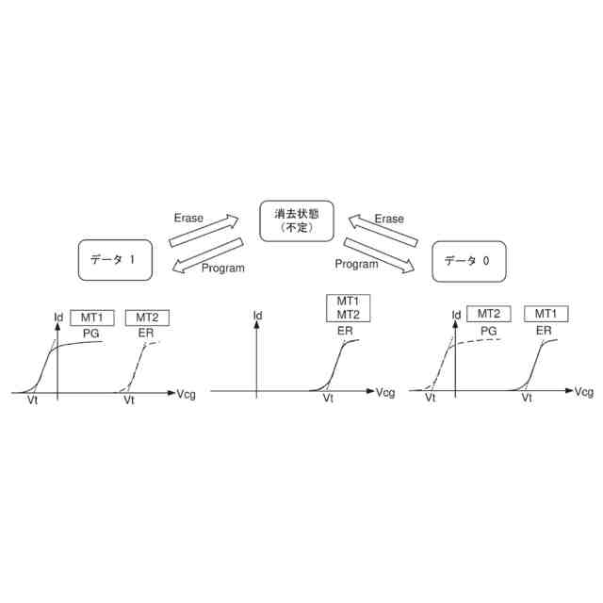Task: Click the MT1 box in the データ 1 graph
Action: [92, 317]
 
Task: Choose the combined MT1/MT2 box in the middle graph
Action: [350, 307]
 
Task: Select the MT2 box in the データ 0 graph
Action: [488, 315]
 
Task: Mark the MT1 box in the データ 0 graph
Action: [545, 315]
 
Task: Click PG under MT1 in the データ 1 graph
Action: [91, 333]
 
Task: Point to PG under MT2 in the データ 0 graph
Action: [488, 331]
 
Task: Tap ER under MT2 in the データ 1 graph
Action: [146, 333]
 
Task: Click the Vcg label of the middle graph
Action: [385, 392]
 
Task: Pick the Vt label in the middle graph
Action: [328, 399]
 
